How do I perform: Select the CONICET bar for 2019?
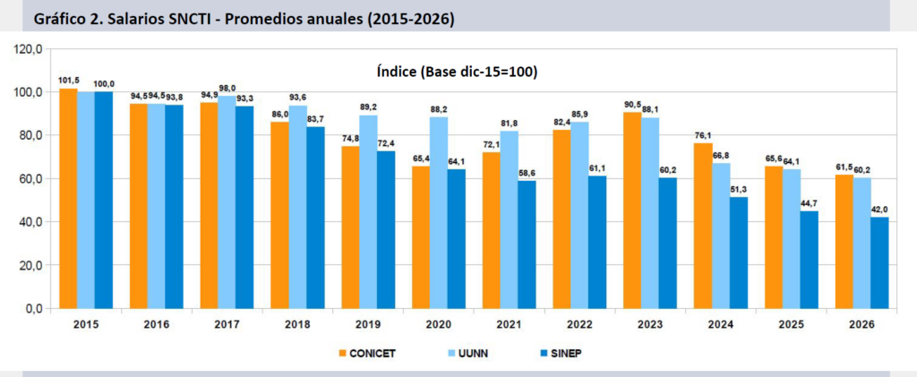tap(350, 227)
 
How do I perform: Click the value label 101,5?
tap(68, 81)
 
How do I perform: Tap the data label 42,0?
tap(880, 210)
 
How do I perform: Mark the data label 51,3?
tap(739, 190)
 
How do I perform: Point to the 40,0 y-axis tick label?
tap(30, 222)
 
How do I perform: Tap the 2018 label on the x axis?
tap(297, 327)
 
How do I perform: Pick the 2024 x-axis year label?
tap(721, 327)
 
